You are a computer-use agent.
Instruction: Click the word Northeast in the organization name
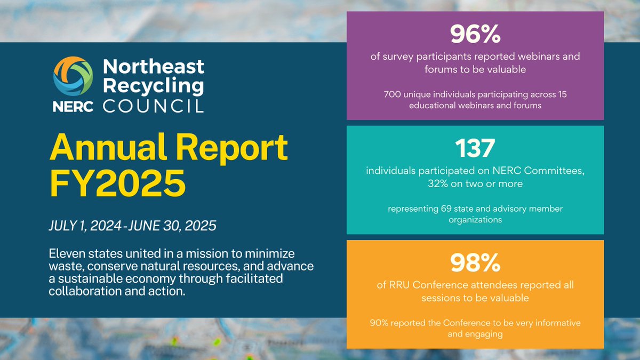tap(154, 67)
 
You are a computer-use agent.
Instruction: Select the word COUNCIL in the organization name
tap(154, 105)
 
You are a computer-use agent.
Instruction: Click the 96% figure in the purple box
tap(475, 35)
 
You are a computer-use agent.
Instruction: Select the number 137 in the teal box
tap(475, 149)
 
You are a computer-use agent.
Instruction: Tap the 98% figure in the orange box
tap(475, 262)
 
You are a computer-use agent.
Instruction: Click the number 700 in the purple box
tap(393, 94)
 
